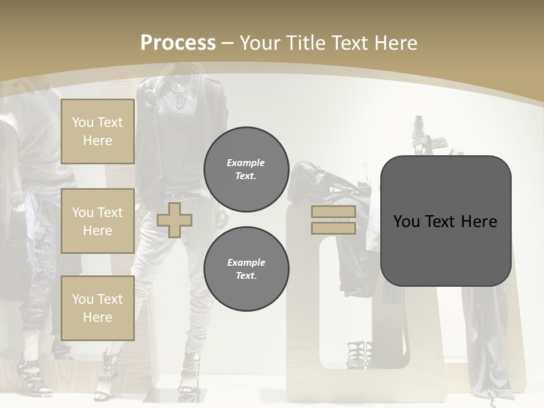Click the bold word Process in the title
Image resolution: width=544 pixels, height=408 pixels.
[178, 43]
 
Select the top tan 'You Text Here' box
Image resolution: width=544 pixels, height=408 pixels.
[97, 131]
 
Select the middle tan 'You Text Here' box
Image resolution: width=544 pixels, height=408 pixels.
[97, 221]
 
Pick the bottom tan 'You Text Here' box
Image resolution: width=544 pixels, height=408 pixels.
[97, 308]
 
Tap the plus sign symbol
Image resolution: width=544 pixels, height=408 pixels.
[175, 220]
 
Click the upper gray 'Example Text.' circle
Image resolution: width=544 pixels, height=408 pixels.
[246, 169]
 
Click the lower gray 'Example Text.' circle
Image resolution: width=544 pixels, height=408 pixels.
[246, 269]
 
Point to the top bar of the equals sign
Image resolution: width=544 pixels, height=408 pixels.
[333, 212]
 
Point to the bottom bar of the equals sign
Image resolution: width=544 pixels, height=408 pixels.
[333, 228]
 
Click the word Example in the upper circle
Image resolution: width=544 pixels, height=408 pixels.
[246, 163]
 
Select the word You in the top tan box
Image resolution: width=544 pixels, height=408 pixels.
[83, 122]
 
